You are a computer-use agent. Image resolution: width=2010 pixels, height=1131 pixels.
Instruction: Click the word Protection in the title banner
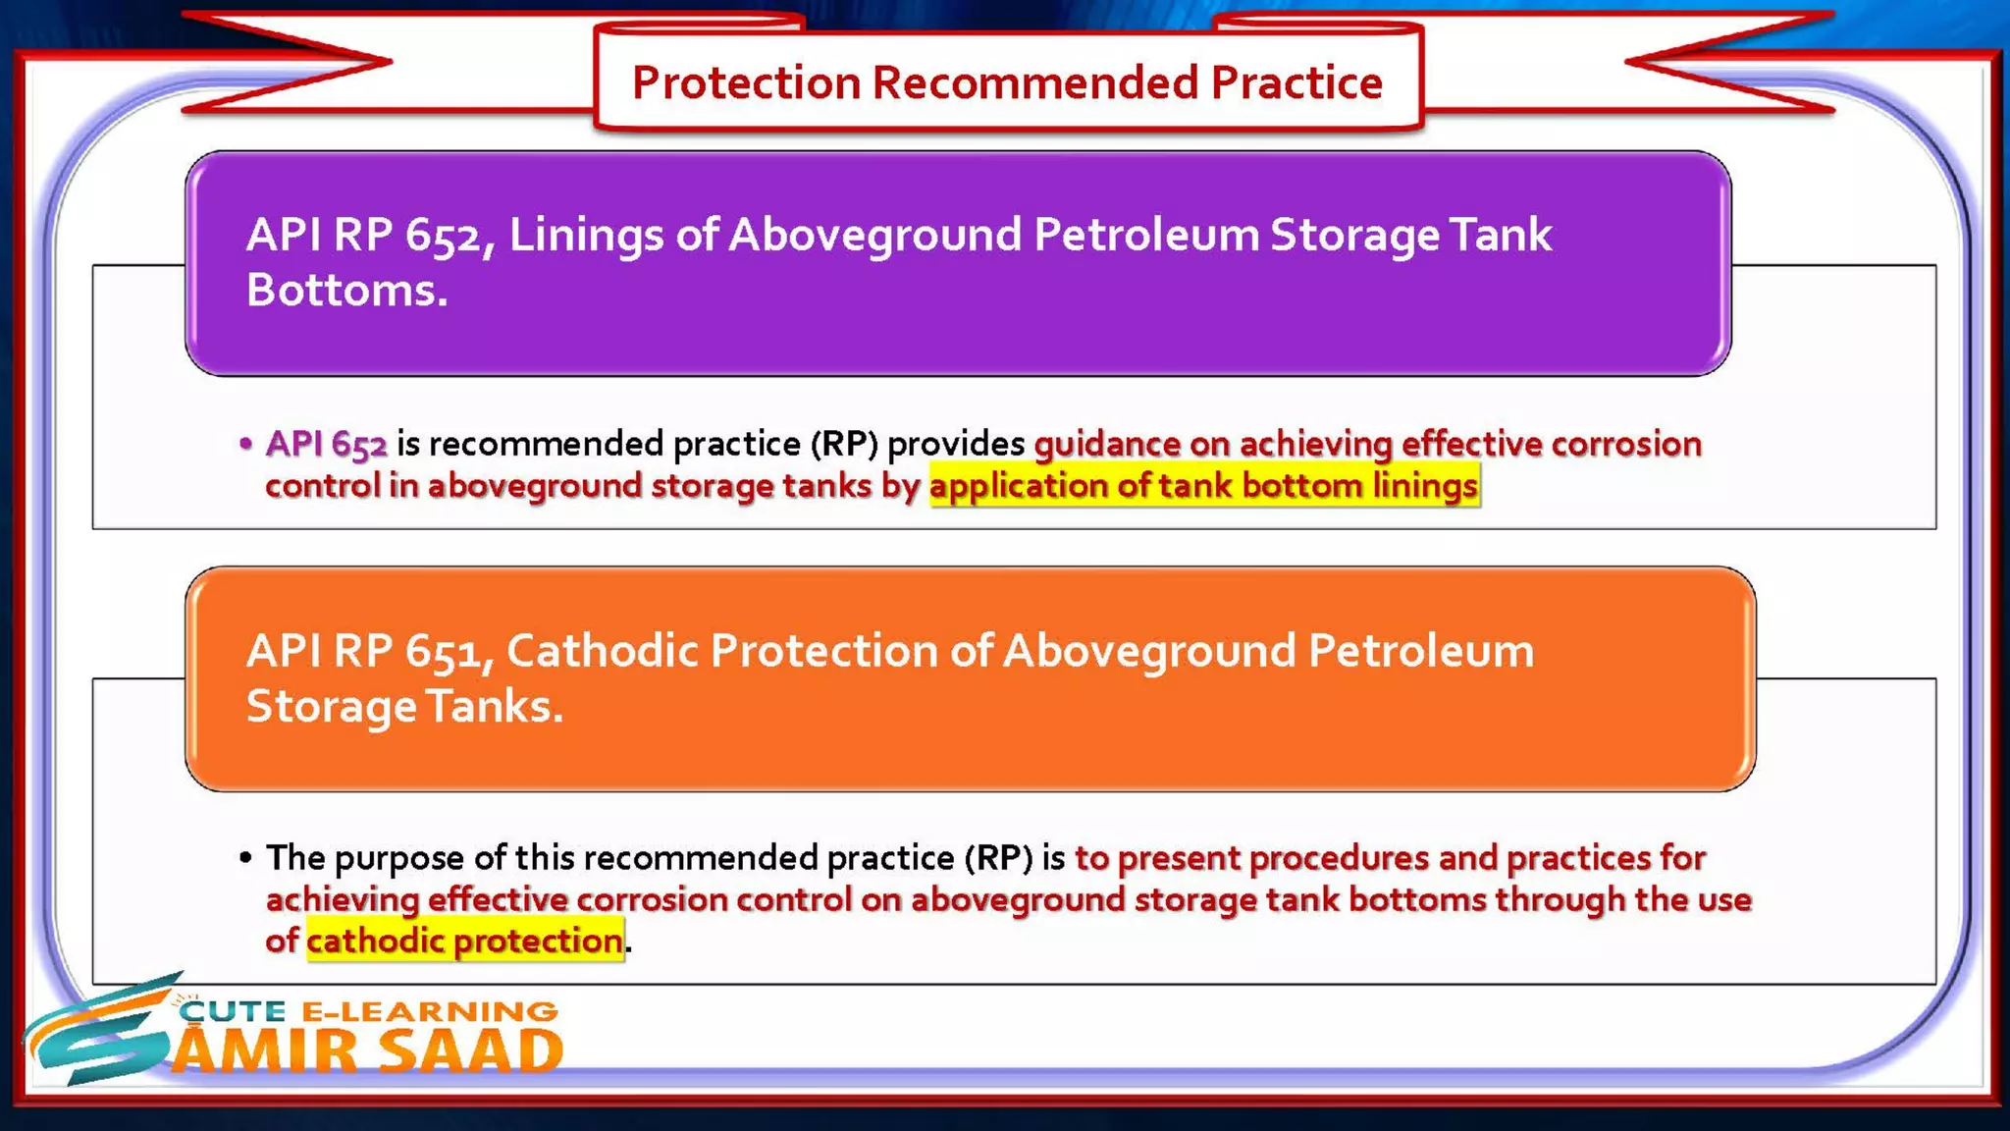(746, 82)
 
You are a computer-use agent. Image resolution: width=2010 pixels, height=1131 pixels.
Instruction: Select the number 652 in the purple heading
(445, 236)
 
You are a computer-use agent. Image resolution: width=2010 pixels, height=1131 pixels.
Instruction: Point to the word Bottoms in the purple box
(345, 291)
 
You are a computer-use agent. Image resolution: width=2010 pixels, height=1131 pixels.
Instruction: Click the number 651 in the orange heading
(445, 652)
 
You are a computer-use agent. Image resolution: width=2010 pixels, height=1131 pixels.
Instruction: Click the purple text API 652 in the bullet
(326, 444)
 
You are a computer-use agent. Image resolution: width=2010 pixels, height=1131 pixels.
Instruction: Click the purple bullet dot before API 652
(245, 444)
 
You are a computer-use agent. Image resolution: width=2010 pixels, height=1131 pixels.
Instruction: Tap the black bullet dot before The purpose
(245, 858)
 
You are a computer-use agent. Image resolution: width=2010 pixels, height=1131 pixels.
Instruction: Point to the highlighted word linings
(1424, 486)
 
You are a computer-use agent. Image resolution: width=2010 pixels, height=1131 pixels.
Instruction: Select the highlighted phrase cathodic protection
(464, 942)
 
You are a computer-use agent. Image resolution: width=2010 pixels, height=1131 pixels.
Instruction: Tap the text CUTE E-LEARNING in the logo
(369, 1011)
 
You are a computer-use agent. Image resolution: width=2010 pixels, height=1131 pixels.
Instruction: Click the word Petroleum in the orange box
(1420, 652)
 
